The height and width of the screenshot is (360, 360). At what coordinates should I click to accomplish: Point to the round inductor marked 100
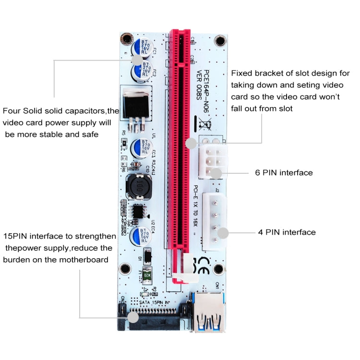(x=139, y=187)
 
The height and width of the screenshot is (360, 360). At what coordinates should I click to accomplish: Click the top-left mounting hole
(x=126, y=37)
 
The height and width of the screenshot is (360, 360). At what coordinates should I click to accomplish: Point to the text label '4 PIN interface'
(x=287, y=232)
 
